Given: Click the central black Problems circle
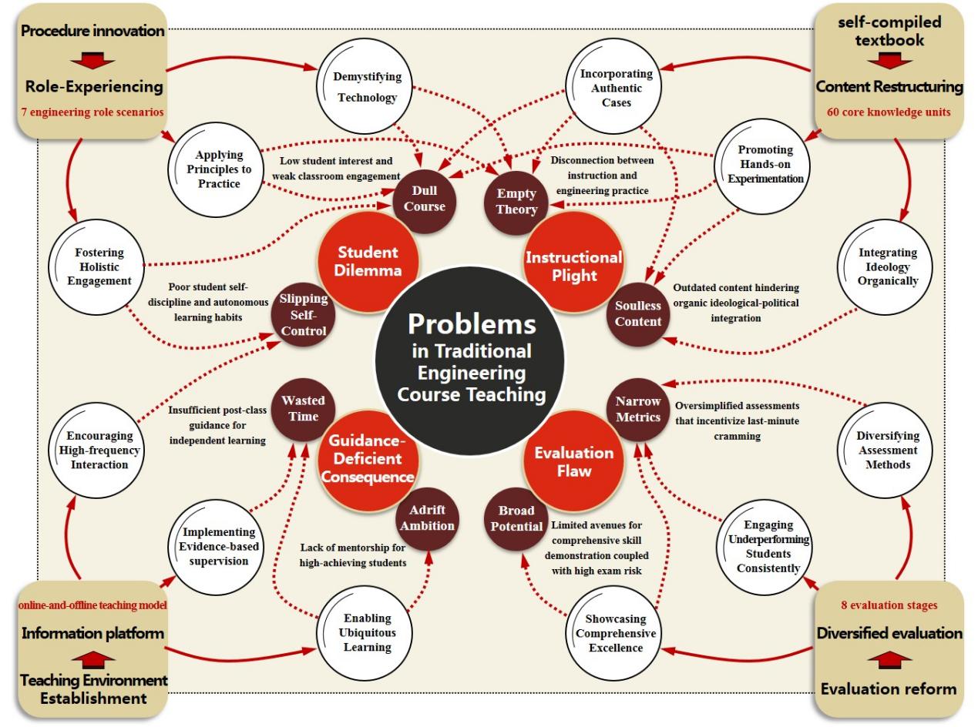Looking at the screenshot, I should [x=471, y=359].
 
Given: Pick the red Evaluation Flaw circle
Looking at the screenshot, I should [x=573, y=461].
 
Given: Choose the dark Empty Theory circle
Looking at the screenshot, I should [x=516, y=201].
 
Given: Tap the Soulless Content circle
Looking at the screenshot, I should [x=638, y=314].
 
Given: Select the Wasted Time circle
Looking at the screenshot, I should [x=303, y=409].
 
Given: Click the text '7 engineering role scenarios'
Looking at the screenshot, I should [x=94, y=112].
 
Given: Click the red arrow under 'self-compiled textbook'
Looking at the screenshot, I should [x=889, y=62].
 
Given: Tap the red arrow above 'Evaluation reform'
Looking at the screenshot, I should [x=889, y=661].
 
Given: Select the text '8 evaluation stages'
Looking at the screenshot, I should [x=888, y=605].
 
